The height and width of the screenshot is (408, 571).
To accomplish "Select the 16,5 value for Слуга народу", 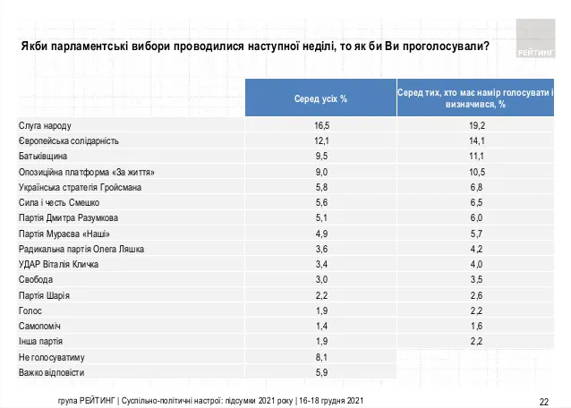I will point(321,125).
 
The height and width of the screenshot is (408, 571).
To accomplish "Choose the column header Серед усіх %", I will point(321,97).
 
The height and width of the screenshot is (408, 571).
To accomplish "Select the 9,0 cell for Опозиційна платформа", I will point(321,172).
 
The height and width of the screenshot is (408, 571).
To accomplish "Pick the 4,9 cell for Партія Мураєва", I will point(321,234).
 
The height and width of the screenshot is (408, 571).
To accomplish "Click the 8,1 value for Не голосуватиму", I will point(321,357).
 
